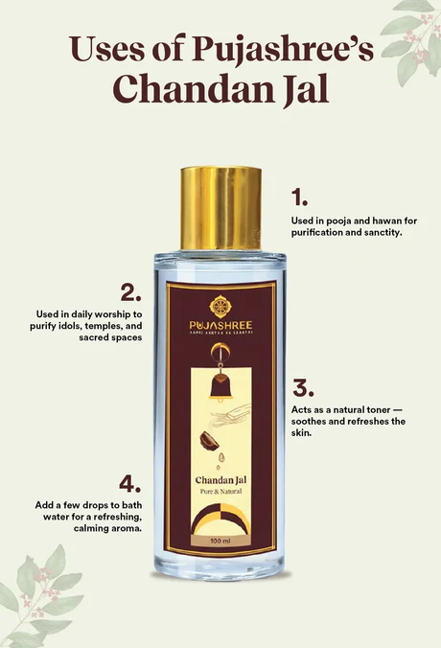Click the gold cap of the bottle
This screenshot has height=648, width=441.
pos(220,207)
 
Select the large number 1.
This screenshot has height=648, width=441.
pos(300,197)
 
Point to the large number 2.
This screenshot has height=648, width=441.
pos(133,291)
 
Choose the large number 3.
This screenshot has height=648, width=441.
pos(303,387)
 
